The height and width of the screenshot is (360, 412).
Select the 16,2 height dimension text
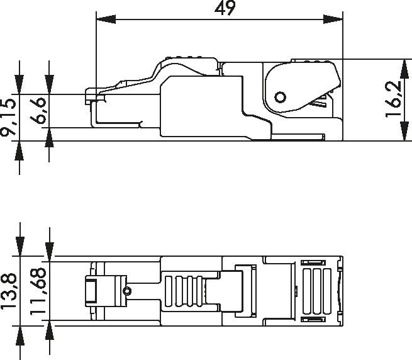click(394, 100)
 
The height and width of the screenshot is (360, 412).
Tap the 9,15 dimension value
click(9, 118)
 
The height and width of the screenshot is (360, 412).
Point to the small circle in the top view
click(128, 291)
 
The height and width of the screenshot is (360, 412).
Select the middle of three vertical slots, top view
click(316, 291)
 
